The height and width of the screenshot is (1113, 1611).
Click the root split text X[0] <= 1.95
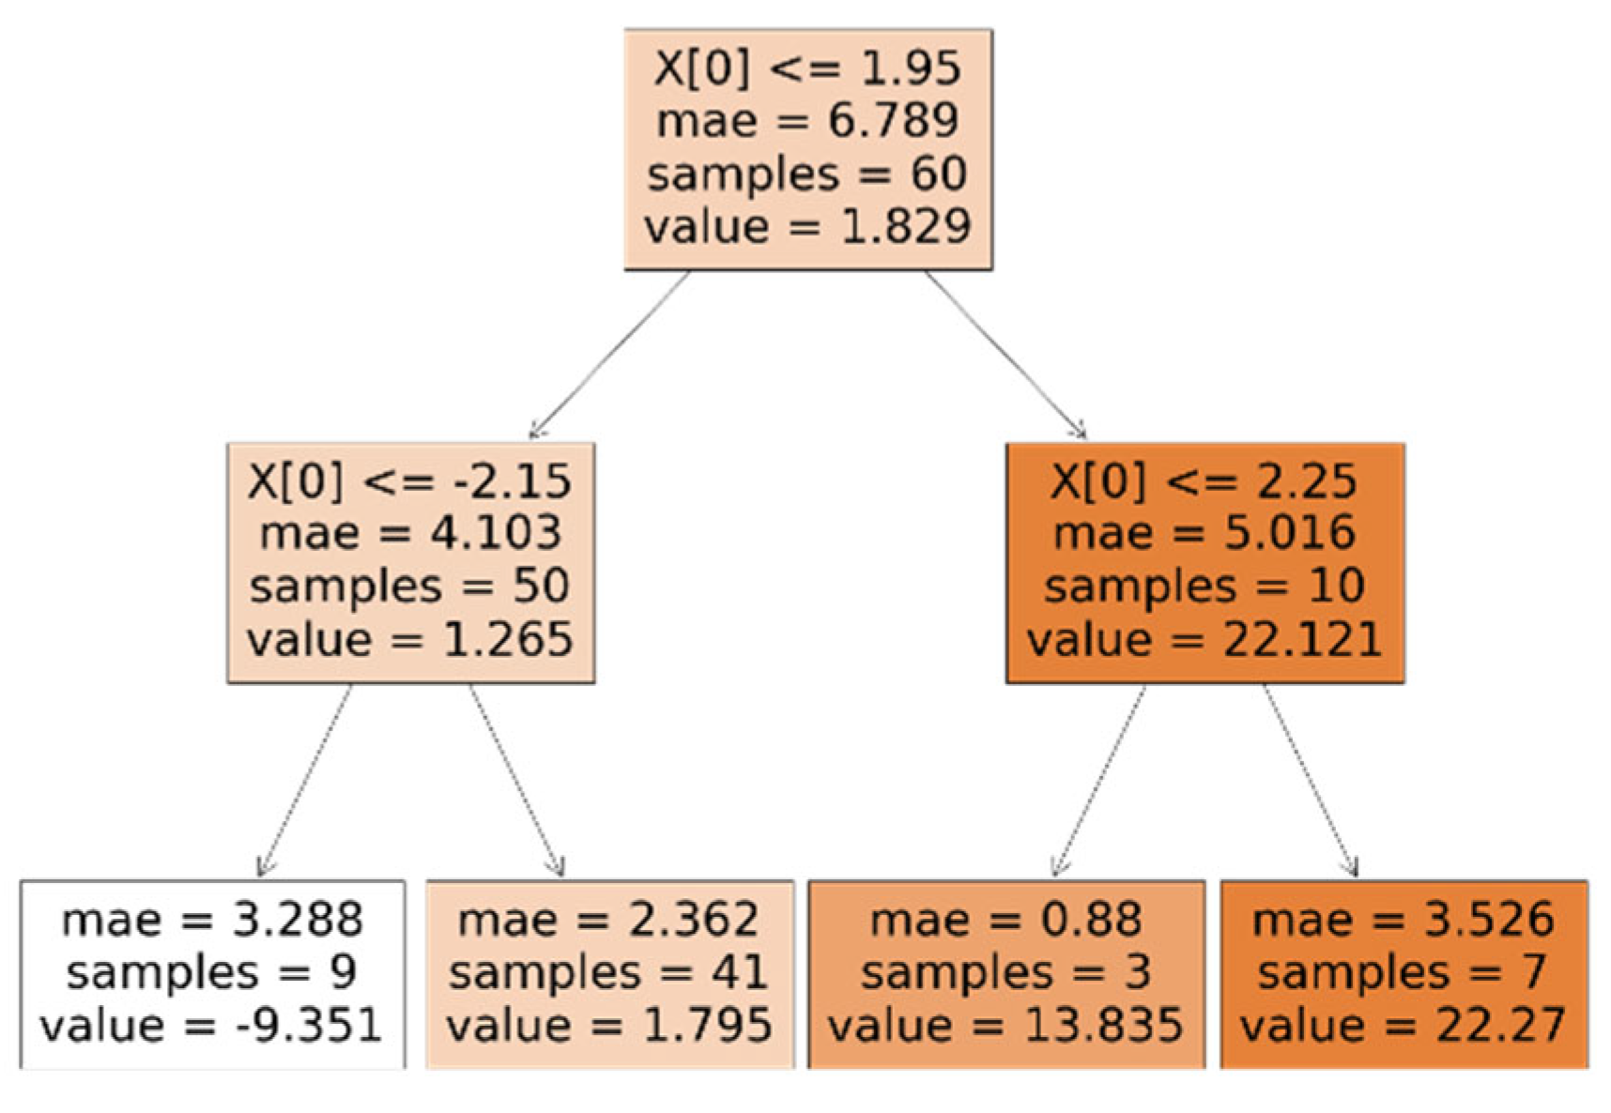[x=807, y=69]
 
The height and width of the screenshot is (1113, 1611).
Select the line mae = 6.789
[x=807, y=121]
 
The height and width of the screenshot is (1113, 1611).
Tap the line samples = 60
[x=807, y=175]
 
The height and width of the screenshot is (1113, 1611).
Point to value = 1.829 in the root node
[x=807, y=227]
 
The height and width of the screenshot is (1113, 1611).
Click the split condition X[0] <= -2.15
[x=410, y=481]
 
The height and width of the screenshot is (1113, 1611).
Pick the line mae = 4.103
[x=410, y=533]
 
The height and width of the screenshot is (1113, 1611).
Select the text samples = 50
[x=410, y=587]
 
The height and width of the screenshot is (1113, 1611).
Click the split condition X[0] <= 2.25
[x=1204, y=481]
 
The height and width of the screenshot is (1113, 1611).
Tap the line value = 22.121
[x=1204, y=640]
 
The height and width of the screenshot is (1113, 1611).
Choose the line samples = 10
[x=1204, y=587]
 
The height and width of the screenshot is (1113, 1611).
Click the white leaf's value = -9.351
[x=211, y=1025]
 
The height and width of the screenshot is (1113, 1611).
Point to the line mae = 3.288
[x=212, y=920]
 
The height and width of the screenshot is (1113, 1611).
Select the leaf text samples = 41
[x=608, y=972]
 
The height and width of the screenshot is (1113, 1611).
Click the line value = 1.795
[x=608, y=1025]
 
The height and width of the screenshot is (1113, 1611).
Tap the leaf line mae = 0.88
[x=1005, y=920]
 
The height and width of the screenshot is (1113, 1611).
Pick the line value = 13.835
[x=1005, y=1025]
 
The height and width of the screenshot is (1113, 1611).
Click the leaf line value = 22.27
[x=1404, y=1025]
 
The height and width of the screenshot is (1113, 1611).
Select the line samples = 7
[x=1404, y=972]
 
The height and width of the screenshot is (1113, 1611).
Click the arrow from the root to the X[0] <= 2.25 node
[x=1005, y=355]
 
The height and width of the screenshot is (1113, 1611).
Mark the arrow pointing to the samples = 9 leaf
[x=305, y=779]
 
